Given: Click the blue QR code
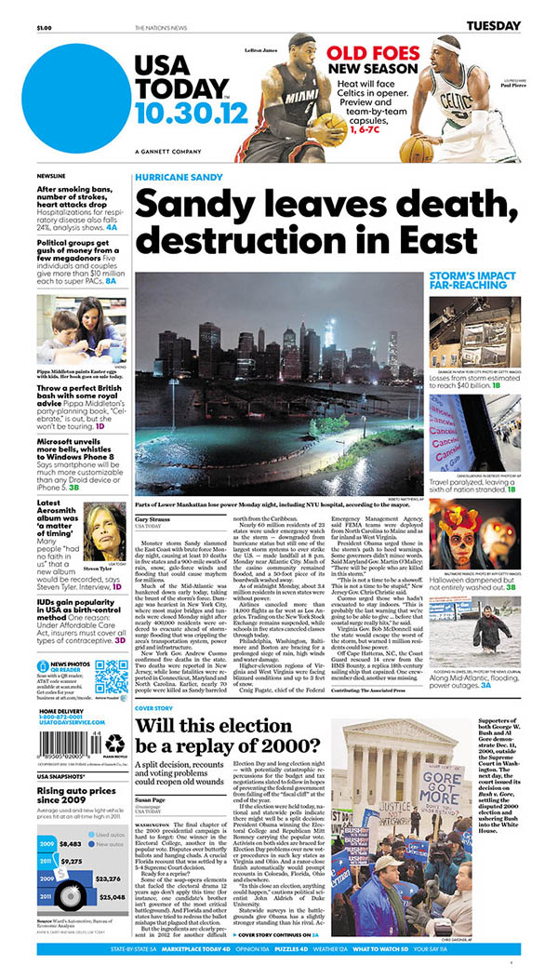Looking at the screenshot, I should pyautogui.click(x=111, y=675).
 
